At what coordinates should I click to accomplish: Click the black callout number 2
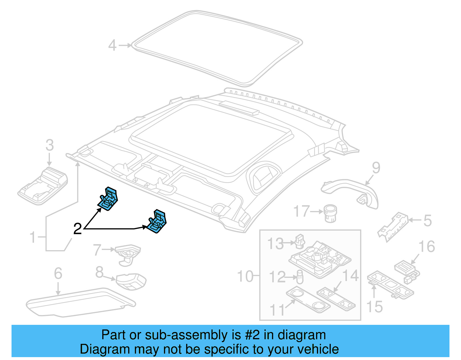(x=78, y=229)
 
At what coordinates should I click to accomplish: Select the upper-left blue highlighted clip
(x=108, y=199)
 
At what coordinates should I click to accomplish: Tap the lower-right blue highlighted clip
(x=157, y=221)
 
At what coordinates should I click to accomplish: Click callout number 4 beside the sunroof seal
(x=112, y=46)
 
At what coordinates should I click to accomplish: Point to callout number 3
(x=50, y=145)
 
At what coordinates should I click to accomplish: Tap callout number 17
(x=301, y=211)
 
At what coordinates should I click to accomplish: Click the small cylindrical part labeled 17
(x=330, y=213)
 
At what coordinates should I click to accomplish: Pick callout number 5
(x=428, y=220)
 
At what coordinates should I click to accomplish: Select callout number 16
(x=426, y=247)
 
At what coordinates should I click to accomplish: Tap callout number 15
(x=374, y=307)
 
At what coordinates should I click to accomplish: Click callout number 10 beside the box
(x=245, y=276)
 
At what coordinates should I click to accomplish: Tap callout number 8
(x=99, y=272)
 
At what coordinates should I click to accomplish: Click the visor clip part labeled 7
(x=127, y=254)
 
